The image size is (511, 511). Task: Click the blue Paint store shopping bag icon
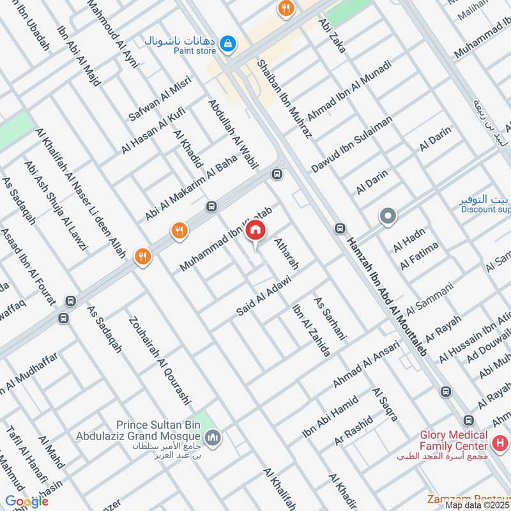pyautogui.click(x=226, y=43)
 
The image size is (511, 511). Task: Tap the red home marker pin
pyautogui.click(x=256, y=230)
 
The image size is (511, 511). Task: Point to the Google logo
pyautogui.click(x=27, y=501)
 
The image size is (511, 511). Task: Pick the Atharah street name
pyautogui.click(x=286, y=252)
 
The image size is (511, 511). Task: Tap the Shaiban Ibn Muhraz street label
pyautogui.click(x=284, y=99)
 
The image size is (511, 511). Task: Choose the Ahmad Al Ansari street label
pyautogui.click(x=365, y=364)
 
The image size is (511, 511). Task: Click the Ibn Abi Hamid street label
pyautogui.click(x=328, y=416)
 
